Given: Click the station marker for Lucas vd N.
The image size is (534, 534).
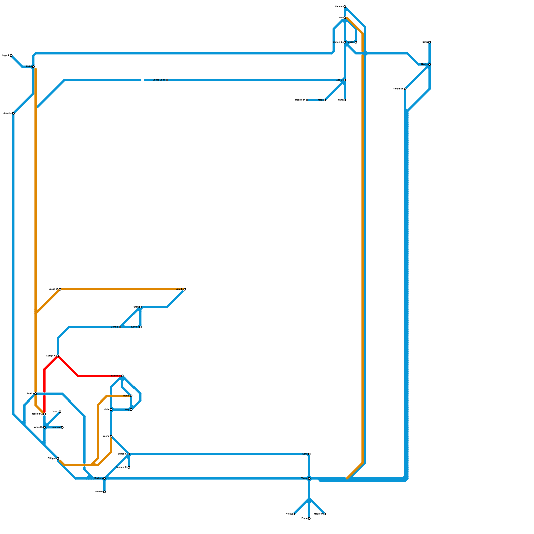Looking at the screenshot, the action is coord(167,80).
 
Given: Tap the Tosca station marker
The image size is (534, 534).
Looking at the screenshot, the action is coord(309,478).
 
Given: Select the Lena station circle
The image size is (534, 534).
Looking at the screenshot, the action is coord(309,454).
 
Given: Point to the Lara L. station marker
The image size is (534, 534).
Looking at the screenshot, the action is coord(185,289).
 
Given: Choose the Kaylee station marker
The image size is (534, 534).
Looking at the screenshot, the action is coord(140,327).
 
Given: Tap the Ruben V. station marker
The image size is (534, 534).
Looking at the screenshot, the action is coord(122,376).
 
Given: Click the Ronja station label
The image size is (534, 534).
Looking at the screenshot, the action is coord(126,396).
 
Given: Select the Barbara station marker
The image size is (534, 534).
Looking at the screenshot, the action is coord(104,478).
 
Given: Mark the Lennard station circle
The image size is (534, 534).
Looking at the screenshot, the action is coord(62,427).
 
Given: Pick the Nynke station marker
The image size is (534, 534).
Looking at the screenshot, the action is coord(429,64).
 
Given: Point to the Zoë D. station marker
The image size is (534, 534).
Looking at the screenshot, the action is coord(345,80).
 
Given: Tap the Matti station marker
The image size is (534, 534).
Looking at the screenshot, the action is coord(325,100).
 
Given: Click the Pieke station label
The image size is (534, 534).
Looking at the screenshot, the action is coord(29,67).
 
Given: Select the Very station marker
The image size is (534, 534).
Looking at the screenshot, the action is coord(131,409).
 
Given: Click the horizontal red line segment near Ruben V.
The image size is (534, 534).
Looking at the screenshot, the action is coord(97,376).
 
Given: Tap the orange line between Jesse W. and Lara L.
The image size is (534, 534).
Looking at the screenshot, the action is coord(120,289).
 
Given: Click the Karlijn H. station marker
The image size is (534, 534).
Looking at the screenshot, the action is coord(58,356).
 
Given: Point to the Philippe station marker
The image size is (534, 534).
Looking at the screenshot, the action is coord(58,458).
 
